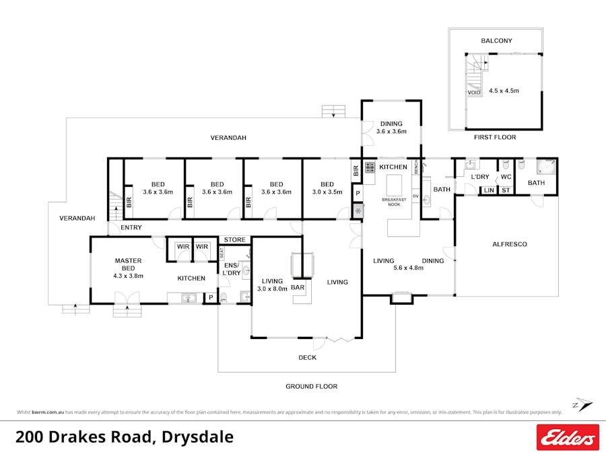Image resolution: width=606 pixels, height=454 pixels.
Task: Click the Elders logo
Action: [x=567, y=437]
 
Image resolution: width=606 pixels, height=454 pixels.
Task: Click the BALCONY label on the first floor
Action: [x=496, y=41]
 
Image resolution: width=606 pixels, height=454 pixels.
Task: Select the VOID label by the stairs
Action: [x=474, y=92]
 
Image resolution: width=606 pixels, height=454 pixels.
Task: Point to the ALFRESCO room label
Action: [x=510, y=244]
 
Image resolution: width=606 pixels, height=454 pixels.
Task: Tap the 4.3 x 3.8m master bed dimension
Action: [x=127, y=276]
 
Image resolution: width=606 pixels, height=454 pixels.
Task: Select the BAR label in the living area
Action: [x=298, y=288]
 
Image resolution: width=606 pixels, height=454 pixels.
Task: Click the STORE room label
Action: [x=234, y=239]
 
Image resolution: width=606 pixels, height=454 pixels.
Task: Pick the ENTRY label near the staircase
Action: [x=131, y=227]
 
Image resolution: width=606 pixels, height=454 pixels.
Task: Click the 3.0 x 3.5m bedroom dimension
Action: [x=327, y=192]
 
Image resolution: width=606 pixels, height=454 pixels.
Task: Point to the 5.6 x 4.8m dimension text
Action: [x=407, y=267]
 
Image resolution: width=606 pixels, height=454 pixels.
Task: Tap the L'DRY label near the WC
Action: [x=479, y=177]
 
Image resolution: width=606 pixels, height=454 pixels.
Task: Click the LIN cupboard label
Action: [x=488, y=191]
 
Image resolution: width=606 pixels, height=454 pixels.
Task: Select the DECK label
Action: [x=307, y=357]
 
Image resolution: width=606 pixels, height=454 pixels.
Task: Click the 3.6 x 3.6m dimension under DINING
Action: [x=391, y=131]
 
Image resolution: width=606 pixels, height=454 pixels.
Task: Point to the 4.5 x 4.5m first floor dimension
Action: [x=504, y=90]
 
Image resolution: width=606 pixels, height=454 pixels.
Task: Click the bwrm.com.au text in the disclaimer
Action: [x=46, y=412]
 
